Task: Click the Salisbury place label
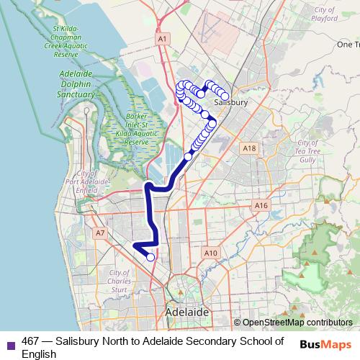coord(230,103)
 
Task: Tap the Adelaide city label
coord(186,312)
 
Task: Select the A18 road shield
coord(249,148)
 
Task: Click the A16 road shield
coord(261,206)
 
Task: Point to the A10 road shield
coord(210,253)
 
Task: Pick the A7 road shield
coord(100,233)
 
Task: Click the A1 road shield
coord(162,38)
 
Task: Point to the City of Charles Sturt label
coord(120,282)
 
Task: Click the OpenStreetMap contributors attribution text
coord(297,323)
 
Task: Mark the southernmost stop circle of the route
coord(150,257)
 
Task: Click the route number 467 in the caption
coord(30,341)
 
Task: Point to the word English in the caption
coord(39,354)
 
